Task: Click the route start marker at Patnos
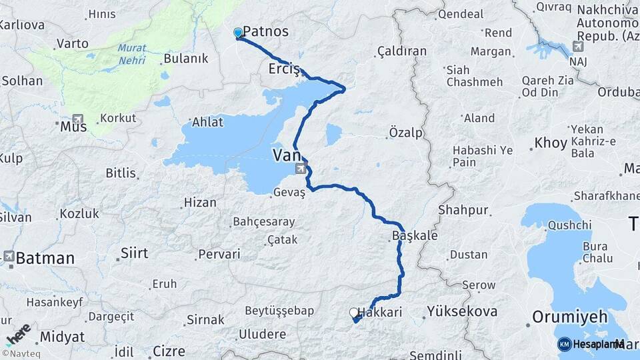238,33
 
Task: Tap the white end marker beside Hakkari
354,312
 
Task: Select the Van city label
285,155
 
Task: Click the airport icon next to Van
301,169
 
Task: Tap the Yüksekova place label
462,311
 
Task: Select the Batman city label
45,258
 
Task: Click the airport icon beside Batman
9,256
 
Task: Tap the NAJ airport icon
577,47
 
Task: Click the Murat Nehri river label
131,54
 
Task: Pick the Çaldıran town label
401,51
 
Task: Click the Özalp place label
405,133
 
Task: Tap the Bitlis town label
121,173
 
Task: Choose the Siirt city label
134,253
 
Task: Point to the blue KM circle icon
564,344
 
